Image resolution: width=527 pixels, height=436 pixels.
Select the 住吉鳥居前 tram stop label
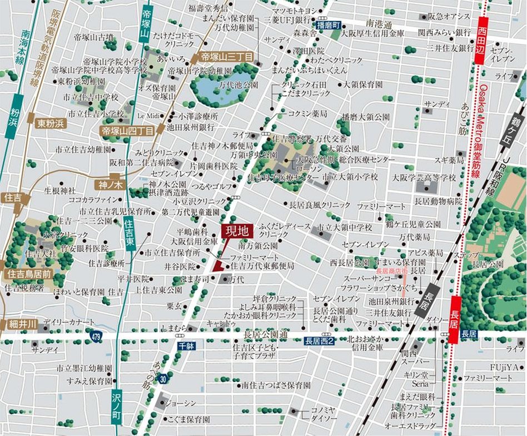coord(28,274)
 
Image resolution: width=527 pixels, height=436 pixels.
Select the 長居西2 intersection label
coord(319,340)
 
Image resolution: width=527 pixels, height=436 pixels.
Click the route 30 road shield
coord(161,379)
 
